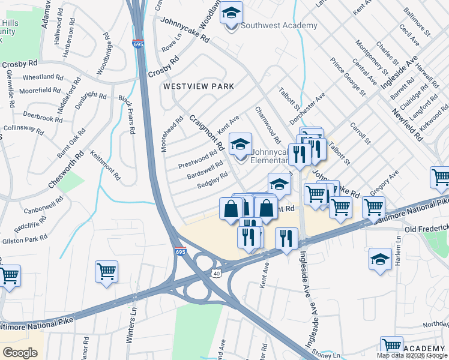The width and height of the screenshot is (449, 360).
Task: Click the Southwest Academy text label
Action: tap(279, 25)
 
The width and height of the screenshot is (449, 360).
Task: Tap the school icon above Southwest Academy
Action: tap(230, 13)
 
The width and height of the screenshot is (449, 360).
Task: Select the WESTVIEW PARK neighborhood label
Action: tap(199, 86)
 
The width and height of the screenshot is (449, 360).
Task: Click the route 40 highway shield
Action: tap(215, 274)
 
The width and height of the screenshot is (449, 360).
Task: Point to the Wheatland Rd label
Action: tap(43, 77)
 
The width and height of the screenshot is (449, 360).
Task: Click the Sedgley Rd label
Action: tap(212, 180)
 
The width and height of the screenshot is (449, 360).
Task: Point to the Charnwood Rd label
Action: tap(268, 125)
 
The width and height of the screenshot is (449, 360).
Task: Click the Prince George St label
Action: tap(348, 76)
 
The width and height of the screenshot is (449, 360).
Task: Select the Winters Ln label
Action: tap(131, 326)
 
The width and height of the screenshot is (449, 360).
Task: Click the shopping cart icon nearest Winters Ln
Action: tap(106, 271)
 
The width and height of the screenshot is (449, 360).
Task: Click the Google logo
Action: tap(21, 353)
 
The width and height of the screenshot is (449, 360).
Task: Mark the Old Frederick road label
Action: tap(426, 230)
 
